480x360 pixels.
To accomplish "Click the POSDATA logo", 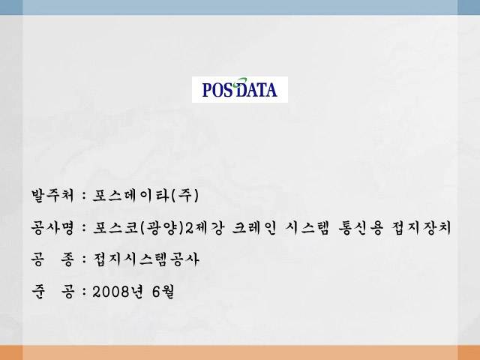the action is [x=240, y=89].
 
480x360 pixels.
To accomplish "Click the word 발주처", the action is [x=52, y=195].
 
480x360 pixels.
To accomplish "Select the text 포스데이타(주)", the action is [x=145, y=195].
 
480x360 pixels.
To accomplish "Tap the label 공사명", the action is [x=52, y=228].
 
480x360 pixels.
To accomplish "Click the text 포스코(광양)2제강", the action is [x=158, y=228].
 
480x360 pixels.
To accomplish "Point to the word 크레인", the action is [x=254, y=228].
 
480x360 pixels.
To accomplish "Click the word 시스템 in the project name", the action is [x=307, y=228].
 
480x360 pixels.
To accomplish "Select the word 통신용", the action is [x=361, y=228].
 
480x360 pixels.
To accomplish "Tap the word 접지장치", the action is [x=421, y=228].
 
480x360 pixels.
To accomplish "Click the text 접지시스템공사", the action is [x=145, y=259].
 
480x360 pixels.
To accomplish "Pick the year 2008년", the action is [x=118, y=292].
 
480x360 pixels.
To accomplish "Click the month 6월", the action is [x=163, y=292].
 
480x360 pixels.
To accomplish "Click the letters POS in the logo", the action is [x=218, y=90].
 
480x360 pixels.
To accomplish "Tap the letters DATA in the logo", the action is [x=257, y=90].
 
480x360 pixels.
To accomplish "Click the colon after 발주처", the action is [x=84, y=196].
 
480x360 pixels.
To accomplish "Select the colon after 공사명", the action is [x=84, y=229].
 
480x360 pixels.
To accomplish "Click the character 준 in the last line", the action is [x=38, y=292].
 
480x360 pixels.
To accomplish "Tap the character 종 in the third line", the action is [x=67, y=259].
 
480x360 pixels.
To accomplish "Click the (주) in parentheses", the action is [x=185, y=195].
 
